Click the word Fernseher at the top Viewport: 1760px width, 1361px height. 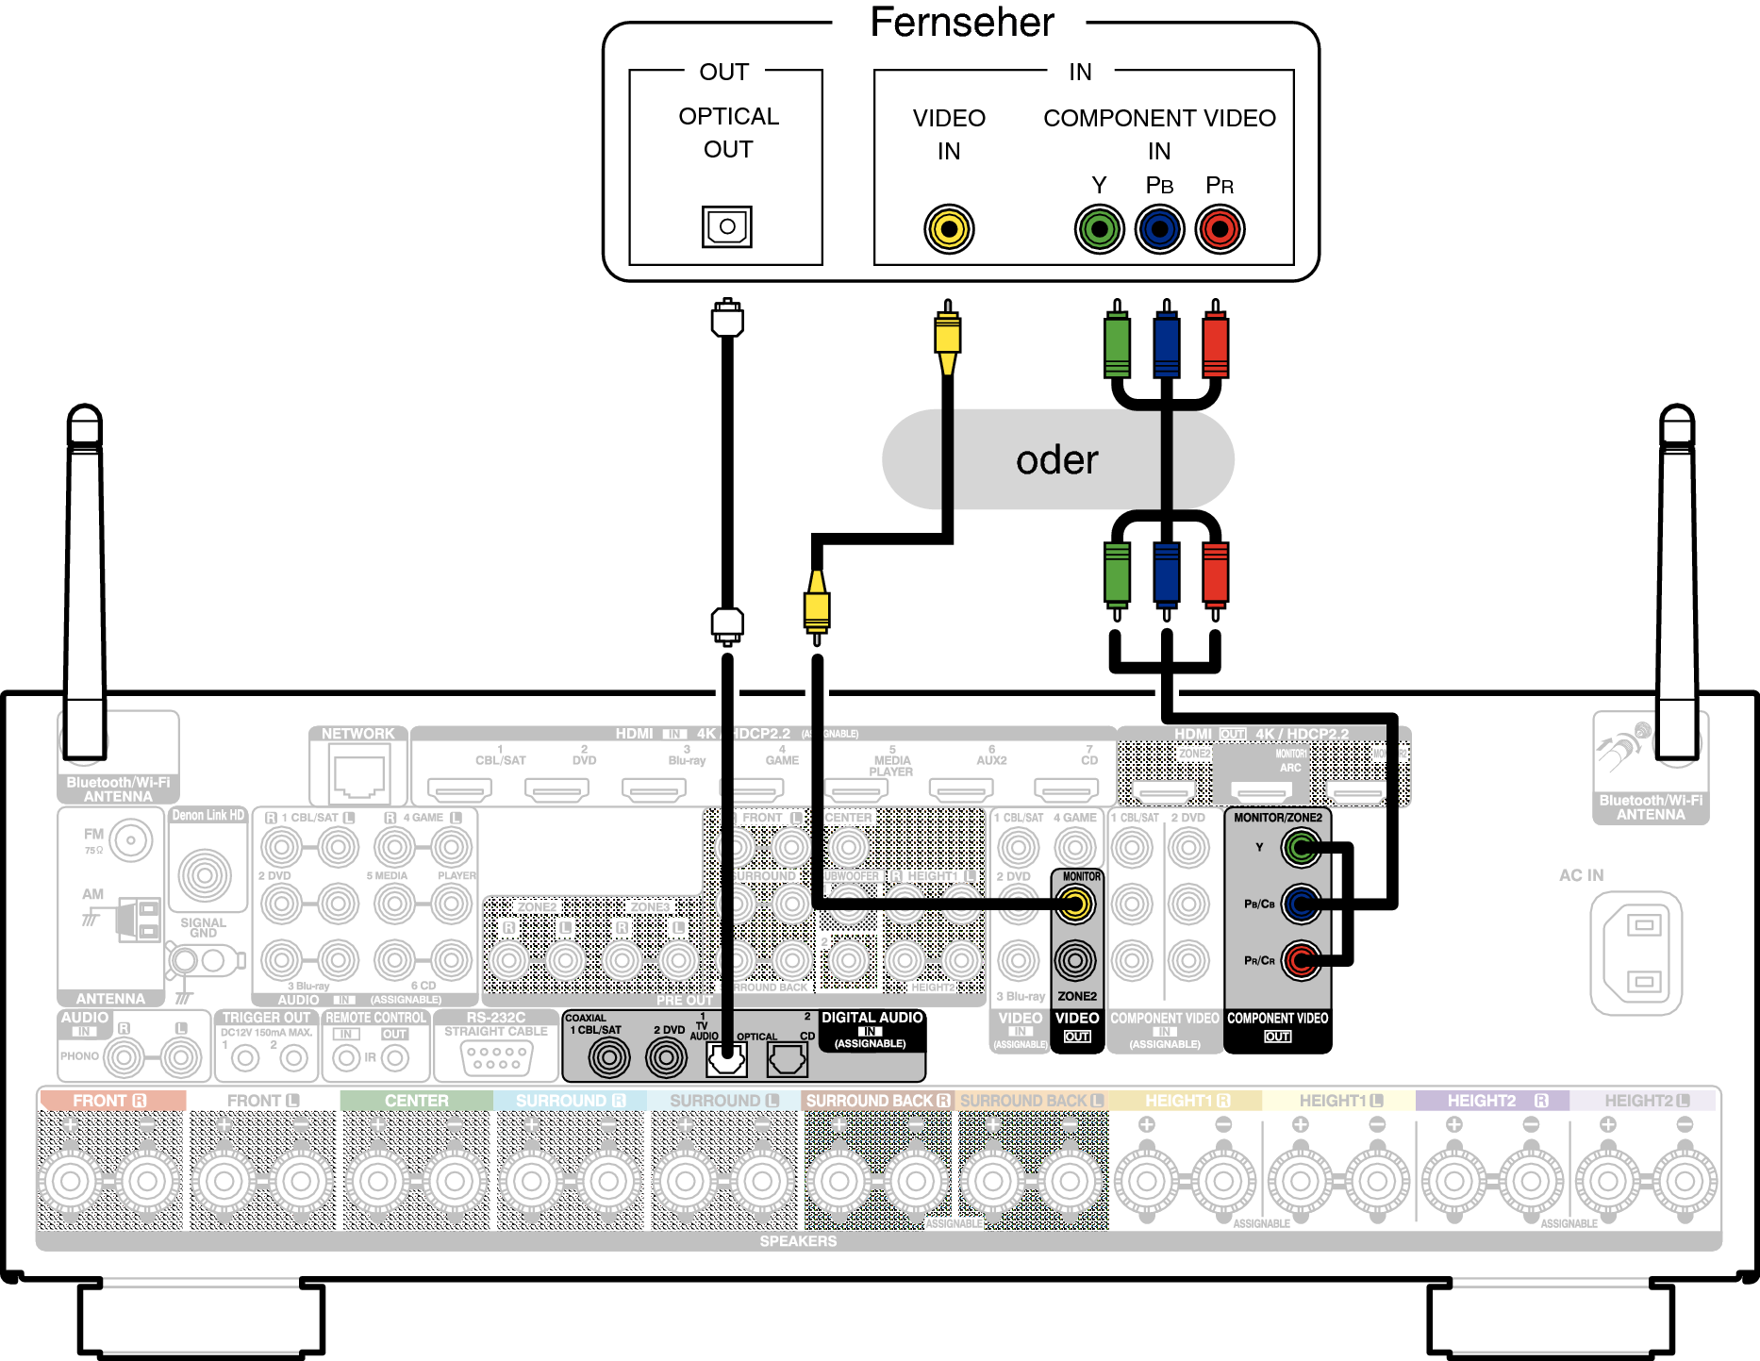(x=961, y=23)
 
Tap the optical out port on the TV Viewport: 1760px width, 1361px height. (x=726, y=226)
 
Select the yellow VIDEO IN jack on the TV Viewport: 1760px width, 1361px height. (x=949, y=229)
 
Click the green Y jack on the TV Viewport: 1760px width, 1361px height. (x=1099, y=229)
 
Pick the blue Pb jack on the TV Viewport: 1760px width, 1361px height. (x=1159, y=229)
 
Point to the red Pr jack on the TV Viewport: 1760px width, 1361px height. (x=1220, y=229)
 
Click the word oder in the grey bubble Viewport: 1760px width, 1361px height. (x=1056, y=460)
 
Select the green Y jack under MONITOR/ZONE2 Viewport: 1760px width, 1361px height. (x=1301, y=848)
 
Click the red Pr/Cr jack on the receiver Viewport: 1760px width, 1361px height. (x=1301, y=961)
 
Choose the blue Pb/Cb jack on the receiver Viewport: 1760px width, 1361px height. (x=1301, y=905)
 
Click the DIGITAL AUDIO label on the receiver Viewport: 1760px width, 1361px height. (x=872, y=1018)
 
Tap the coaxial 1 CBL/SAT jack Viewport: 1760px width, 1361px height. (x=609, y=1057)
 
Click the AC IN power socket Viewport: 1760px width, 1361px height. (x=1636, y=953)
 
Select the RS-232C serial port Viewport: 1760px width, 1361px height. (x=496, y=1058)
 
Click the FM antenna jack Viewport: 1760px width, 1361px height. (x=130, y=839)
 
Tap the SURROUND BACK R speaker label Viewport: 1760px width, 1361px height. (x=878, y=1101)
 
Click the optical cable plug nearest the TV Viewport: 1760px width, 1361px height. (x=727, y=320)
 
